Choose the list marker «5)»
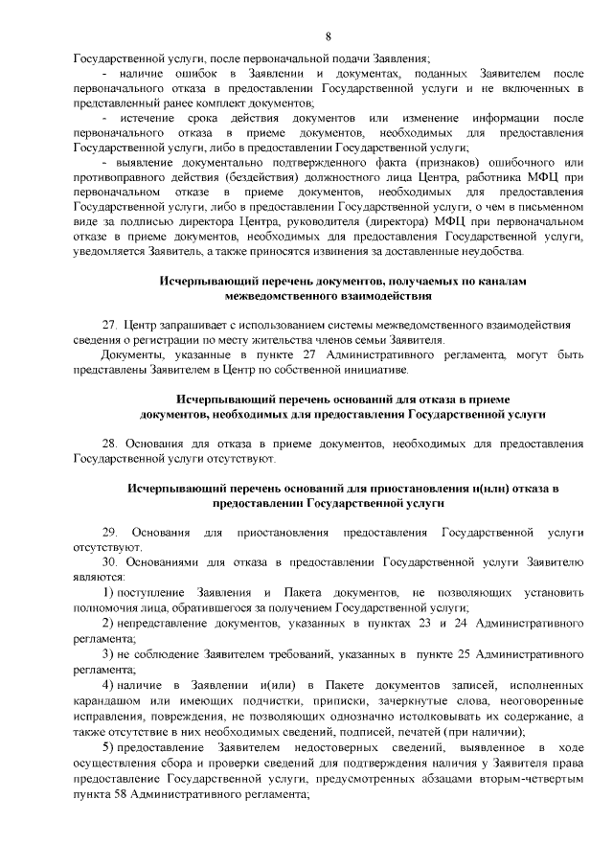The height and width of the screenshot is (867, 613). click(x=108, y=748)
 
